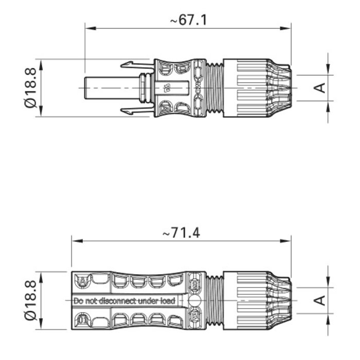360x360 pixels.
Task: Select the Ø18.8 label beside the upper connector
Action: tap(30, 88)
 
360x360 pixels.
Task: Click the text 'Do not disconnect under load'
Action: tap(124, 300)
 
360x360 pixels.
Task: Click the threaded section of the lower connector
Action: tap(214, 300)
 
